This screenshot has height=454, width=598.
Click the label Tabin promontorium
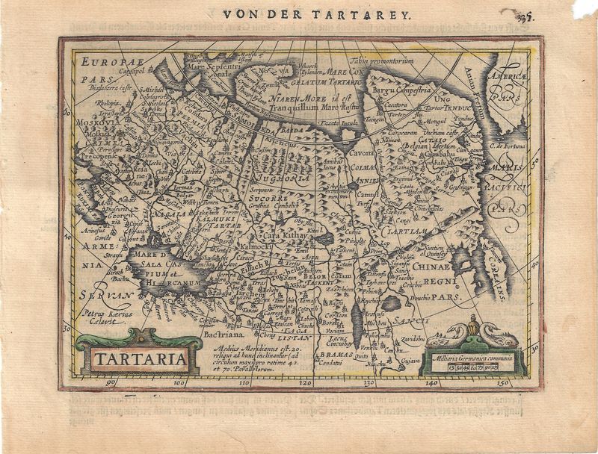pos(382,58)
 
